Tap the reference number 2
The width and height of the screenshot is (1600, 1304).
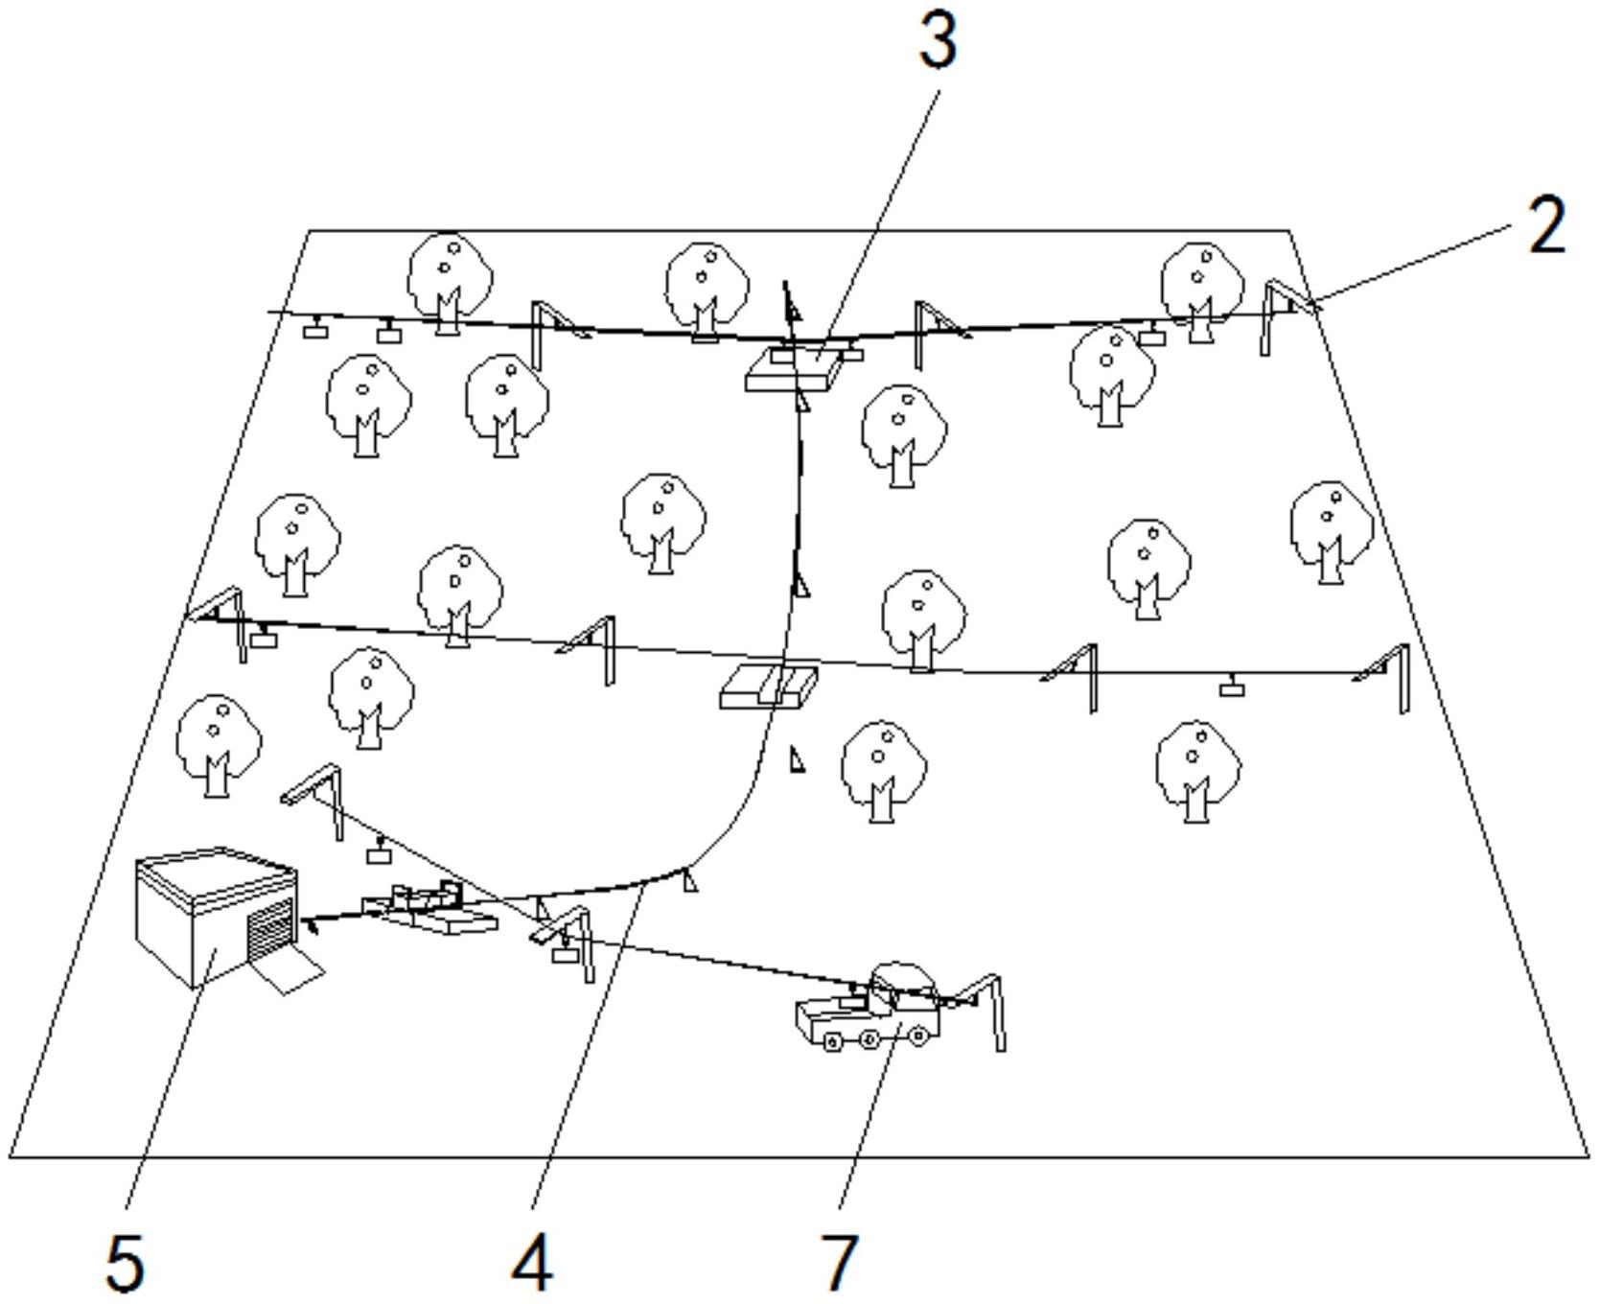[x=1546, y=225]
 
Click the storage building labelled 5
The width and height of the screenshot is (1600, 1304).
[x=216, y=917]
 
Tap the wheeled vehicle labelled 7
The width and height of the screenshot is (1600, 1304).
[x=868, y=1007]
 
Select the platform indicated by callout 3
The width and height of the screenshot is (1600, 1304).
[x=794, y=370]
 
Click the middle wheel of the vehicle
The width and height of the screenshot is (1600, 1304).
[x=868, y=1039]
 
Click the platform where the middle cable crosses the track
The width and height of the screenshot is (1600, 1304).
[x=770, y=685]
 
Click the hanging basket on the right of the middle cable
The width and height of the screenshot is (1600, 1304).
[x=1232, y=687]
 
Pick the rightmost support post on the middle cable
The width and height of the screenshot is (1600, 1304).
[x=1386, y=677]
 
